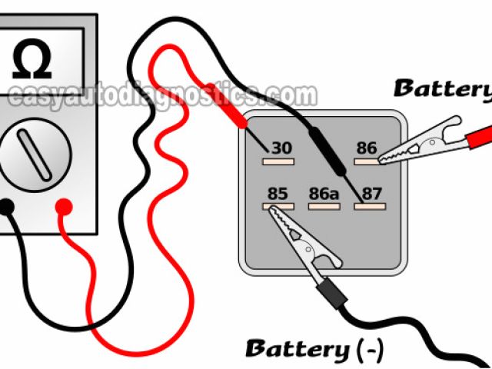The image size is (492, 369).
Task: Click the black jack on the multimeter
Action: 5,207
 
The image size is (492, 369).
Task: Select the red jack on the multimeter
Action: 65,207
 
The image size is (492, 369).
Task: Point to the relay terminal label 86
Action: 367,148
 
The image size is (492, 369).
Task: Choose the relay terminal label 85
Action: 278,193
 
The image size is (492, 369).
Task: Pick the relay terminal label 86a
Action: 323,193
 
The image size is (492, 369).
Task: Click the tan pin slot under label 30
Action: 274,161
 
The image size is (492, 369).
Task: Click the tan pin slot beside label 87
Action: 361,206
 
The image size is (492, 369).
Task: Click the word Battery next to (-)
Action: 296,348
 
